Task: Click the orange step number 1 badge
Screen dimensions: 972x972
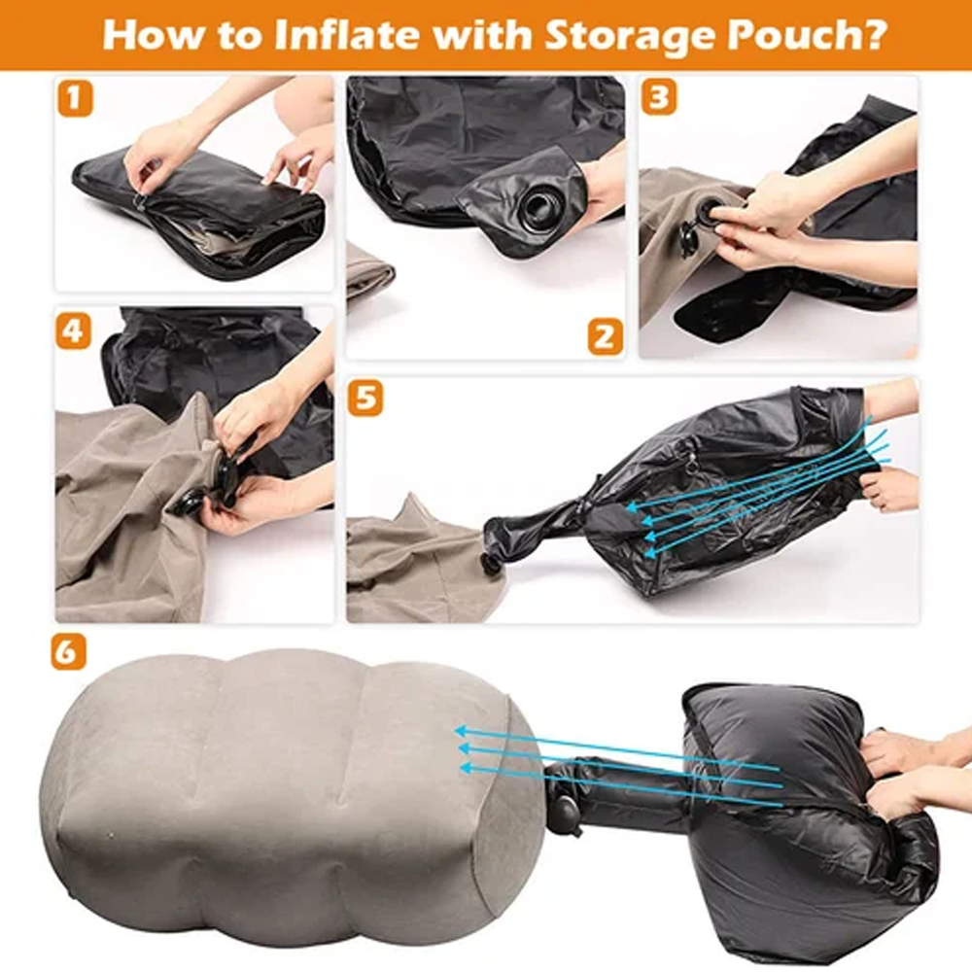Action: tap(75, 98)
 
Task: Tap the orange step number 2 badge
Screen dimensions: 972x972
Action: tap(605, 336)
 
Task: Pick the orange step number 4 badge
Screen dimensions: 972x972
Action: tap(74, 330)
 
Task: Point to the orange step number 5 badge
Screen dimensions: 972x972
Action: tap(365, 398)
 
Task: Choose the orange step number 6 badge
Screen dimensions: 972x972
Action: tap(68, 652)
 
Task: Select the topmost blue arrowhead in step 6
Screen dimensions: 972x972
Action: tap(461, 732)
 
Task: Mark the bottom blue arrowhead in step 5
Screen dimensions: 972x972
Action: tap(650, 550)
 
